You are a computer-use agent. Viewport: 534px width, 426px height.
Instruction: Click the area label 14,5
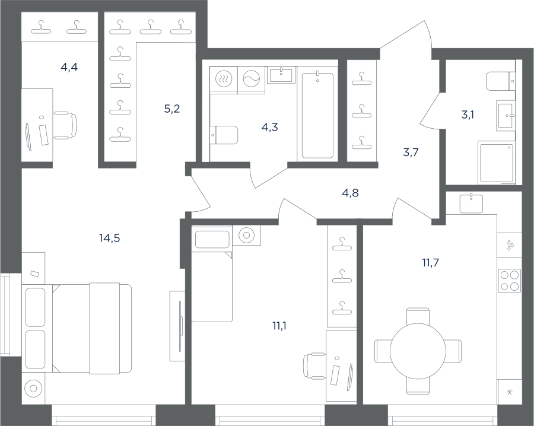(x=109, y=239)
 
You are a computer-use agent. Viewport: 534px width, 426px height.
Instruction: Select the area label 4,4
(x=69, y=67)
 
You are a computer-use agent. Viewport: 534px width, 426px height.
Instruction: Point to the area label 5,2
(x=171, y=109)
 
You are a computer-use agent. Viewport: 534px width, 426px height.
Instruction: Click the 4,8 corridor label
(x=350, y=193)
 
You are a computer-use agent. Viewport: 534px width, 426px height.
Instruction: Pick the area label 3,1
(x=468, y=115)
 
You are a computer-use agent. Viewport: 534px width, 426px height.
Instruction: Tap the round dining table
(x=418, y=351)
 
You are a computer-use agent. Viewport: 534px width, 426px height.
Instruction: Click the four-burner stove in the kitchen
(x=510, y=280)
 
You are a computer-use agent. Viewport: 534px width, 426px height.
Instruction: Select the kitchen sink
(x=471, y=204)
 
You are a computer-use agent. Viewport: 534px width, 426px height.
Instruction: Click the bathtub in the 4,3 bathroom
(x=317, y=115)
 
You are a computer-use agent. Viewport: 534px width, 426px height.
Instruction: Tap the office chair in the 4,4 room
(x=65, y=125)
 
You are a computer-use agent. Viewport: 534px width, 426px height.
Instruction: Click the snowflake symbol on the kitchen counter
(x=510, y=392)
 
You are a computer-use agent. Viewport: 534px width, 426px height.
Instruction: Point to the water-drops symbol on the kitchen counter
(x=510, y=245)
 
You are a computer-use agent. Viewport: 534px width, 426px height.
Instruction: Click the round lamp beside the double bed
(x=33, y=388)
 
